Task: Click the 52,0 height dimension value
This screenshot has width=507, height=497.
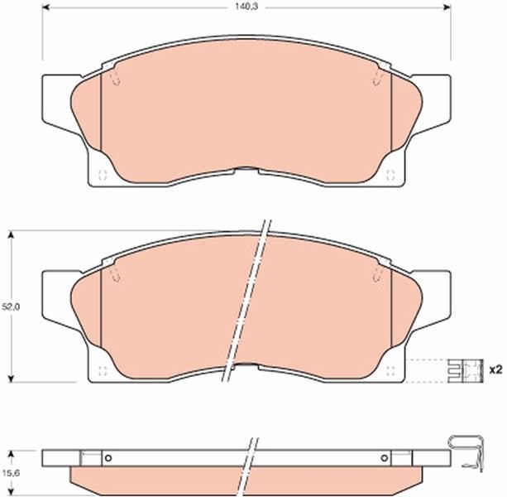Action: tap(11, 306)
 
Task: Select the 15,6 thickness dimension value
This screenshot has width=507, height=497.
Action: tap(11, 473)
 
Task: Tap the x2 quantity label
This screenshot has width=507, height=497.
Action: tap(495, 369)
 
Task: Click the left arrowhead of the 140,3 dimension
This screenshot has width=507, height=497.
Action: tap(45, 7)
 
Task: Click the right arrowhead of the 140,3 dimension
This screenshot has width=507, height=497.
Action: tap(447, 7)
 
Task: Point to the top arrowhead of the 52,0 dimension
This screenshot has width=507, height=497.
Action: tap(12, 234)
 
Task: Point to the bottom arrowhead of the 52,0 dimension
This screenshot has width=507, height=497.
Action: tap(12, 379)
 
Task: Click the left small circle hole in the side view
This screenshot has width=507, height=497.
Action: tap(108, 458)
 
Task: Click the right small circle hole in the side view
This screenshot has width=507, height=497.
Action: tap(384, 458)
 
